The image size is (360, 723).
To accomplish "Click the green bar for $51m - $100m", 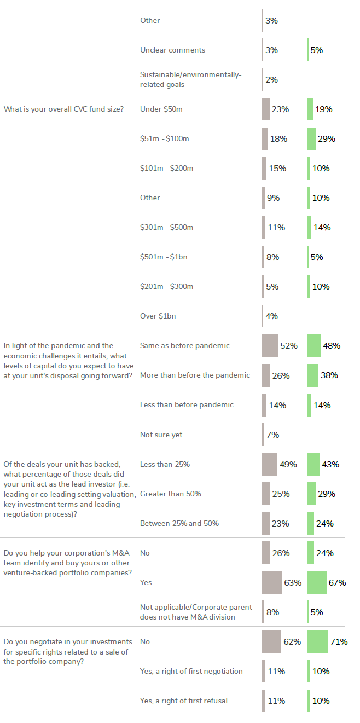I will [x=311, y=138].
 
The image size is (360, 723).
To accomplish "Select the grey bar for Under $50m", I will [x=265, y=109].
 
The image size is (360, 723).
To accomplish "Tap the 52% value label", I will [x=288, y=346].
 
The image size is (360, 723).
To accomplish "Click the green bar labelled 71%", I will [x=317, y=641].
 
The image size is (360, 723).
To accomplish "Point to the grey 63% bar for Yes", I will [x=272, y=582].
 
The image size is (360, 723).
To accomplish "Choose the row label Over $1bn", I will [x=158, y=316].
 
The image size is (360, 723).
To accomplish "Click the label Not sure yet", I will [x=161, y=435].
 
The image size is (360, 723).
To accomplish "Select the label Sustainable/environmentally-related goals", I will [x=190, y=79].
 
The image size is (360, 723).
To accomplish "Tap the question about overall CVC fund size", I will [x=63, y=109].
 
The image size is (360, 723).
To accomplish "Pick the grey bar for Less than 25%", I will [x=269, y=464].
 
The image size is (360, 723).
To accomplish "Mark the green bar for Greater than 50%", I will [x=311, y=494].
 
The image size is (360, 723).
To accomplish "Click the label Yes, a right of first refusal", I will [x=184, y=701].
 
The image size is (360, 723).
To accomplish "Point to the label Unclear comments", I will [x=172, y=50].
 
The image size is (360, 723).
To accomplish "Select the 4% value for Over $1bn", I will [x=272, y=316].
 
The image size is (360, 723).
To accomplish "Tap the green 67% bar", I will [x=317, y=582].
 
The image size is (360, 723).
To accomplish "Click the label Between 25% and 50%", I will [x=179, y=523].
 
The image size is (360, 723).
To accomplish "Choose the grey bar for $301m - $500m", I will [x=263, y=227].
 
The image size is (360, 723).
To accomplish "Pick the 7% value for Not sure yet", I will [x=272, y=435].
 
